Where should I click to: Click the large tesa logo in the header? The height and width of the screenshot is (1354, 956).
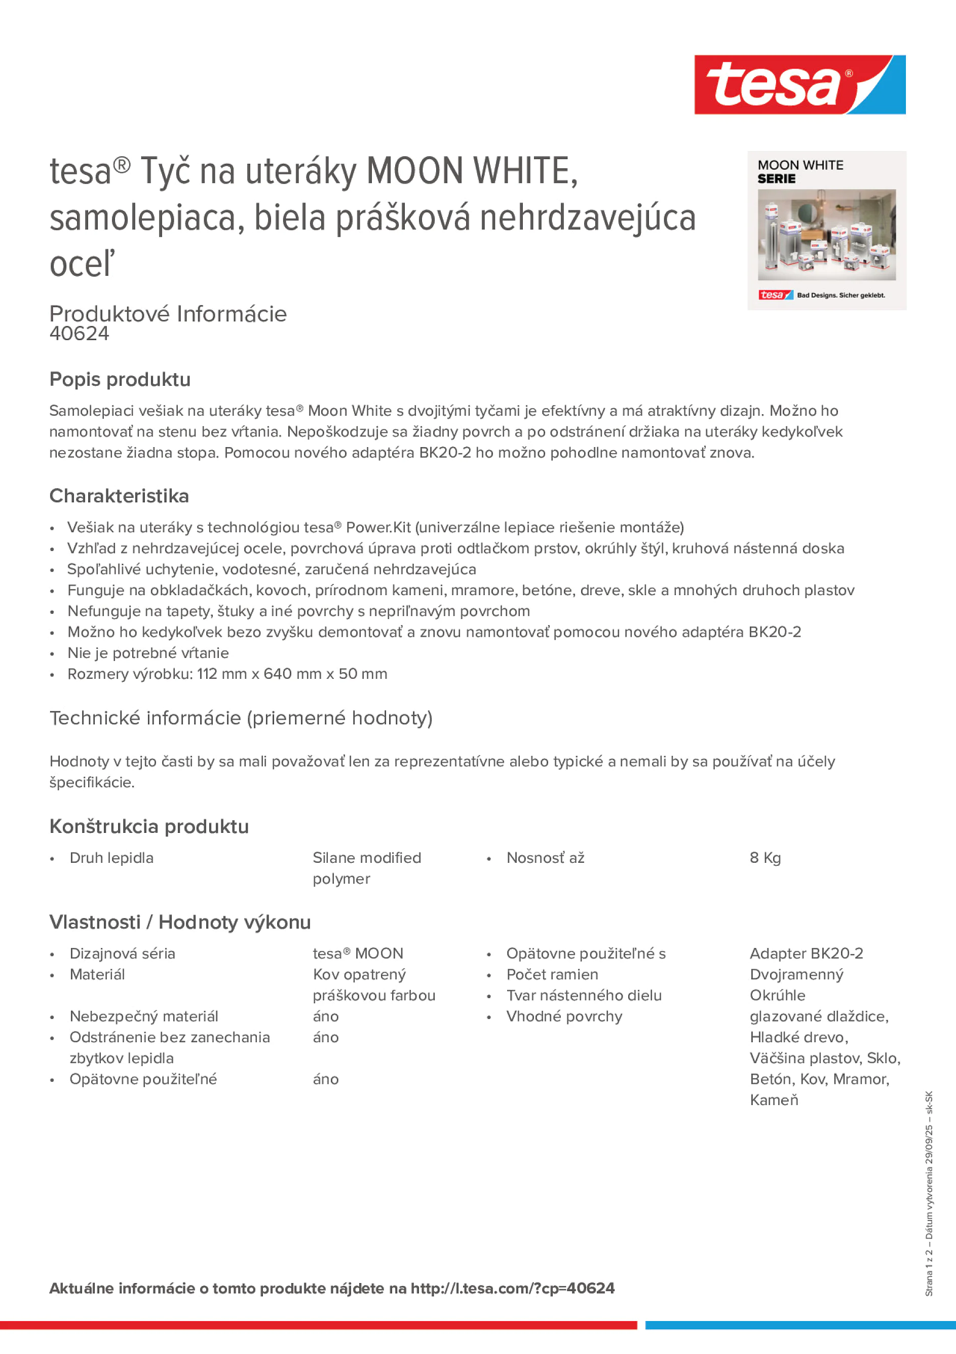799,85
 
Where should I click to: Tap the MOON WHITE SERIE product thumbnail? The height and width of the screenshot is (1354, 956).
826,231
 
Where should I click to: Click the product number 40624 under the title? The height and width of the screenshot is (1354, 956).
80,334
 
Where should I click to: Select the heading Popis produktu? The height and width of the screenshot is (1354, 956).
120,379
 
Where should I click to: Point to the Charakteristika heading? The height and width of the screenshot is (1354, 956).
119,496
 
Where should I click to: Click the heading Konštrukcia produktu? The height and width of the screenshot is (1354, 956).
149,826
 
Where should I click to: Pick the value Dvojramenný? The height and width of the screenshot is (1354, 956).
796,974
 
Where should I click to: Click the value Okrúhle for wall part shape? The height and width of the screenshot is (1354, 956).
777,995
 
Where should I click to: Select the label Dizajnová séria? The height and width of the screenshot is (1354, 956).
122,953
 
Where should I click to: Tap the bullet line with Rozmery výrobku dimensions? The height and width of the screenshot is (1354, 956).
227,674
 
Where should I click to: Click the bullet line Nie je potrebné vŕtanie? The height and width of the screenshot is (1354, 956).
148,653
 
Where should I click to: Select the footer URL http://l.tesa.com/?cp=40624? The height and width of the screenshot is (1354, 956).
512,1288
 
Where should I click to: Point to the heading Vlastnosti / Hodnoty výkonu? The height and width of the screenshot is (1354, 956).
180,922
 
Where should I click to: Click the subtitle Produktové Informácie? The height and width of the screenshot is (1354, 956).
168,314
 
